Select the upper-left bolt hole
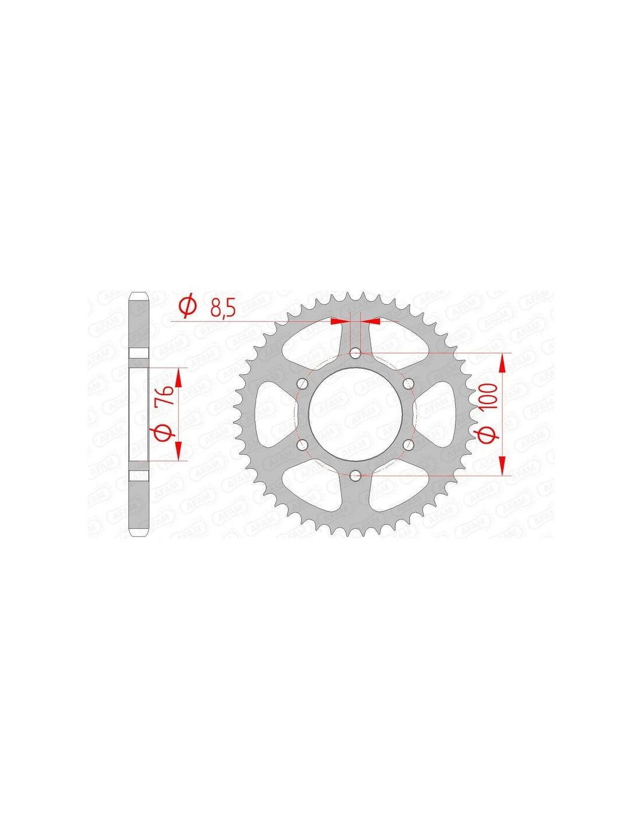point(302,383)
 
